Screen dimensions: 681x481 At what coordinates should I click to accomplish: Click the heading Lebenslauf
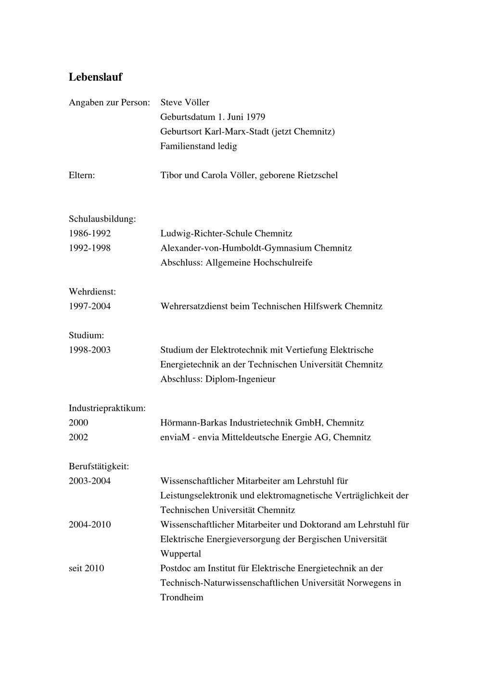[x=95, y=77]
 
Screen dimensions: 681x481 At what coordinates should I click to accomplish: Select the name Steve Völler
[x=185, y=103]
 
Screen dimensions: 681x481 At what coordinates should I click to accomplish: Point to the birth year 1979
[x=255, y=117]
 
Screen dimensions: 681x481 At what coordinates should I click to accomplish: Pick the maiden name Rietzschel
[x=315, y=175]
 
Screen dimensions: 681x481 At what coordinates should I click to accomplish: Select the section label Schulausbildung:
[x=102, y=219]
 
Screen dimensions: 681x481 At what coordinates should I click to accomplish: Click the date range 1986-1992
[x=89, y=233]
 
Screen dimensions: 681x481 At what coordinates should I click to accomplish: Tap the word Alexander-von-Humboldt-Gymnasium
[x=236, y=248]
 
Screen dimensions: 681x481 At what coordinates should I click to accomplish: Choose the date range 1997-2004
[x=89, y=306]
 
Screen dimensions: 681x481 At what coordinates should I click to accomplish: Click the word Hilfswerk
[x=322, y=306]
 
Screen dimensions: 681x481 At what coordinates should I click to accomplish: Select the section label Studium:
[x=86, y=335]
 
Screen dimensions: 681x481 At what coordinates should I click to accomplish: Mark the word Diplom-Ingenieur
[x=240, y=379]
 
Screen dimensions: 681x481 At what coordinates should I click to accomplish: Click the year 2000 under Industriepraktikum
[x=78, y=423]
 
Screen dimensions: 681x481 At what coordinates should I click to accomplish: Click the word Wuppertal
[x=181, y=554]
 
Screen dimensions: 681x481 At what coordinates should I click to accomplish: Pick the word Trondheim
[x=182, y=598]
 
